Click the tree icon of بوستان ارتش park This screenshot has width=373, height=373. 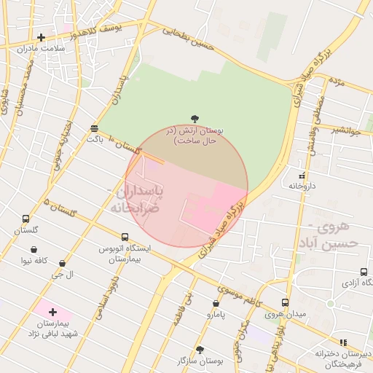tap(195, 118)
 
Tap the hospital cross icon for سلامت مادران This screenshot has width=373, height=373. tap(41, 37)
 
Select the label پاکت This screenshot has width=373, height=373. tap(95, 137)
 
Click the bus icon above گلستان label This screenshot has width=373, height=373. tap(26, 219)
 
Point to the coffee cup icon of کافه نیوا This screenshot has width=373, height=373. tap(34, 250)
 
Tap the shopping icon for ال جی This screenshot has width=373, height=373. tap(62, 264)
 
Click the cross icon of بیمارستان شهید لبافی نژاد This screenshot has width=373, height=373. tap(52, 312)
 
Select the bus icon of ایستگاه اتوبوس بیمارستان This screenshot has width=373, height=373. tap(125, 237)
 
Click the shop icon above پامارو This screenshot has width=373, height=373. tap(216, 304)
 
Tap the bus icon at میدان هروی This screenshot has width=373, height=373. tap(285, 302)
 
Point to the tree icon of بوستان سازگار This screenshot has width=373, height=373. tap(200, 350)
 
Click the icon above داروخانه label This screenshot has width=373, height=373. tap(302, 176)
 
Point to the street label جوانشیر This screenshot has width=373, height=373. tap(345, 130)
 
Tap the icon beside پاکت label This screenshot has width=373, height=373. tap(95, 127)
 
